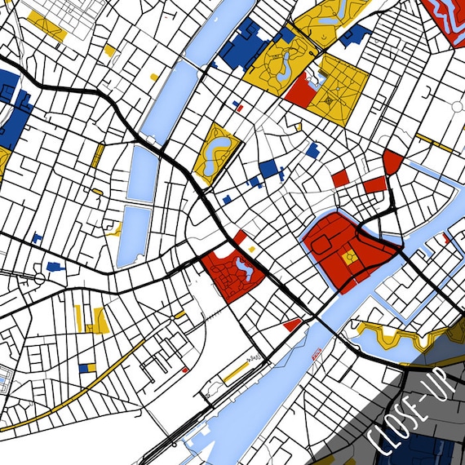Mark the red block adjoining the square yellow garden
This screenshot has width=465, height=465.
click(x=299, y=90)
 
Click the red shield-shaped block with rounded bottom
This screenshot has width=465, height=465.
click(x=392, y=161)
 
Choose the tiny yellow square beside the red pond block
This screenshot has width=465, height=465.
click(x=251, y=248)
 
